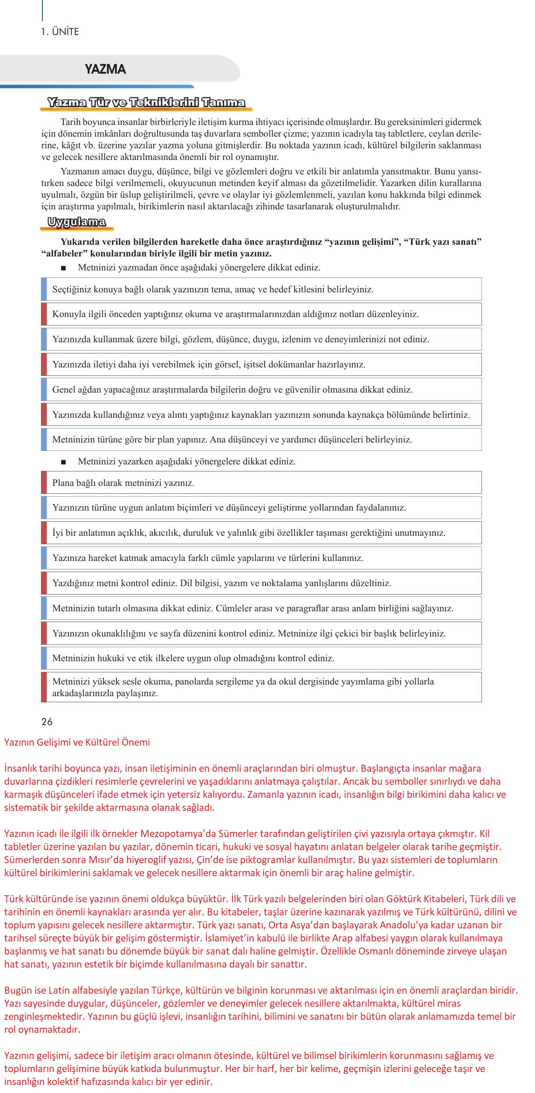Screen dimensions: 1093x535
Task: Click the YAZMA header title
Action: [105, 69]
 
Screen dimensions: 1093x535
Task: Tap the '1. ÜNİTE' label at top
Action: [60, 32]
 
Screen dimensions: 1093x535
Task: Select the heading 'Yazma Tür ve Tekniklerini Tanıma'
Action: [146, 103]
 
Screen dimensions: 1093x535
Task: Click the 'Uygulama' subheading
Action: [76, 222]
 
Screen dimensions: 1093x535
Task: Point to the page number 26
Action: [47, 722]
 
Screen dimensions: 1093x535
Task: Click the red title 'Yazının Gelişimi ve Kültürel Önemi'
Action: [77, 742]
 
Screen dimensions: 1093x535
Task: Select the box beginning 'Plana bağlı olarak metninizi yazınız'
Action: [261, 483]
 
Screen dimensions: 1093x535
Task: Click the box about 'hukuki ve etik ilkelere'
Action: [261, 658]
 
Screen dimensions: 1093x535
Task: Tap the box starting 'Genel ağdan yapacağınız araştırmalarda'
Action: [261, 389]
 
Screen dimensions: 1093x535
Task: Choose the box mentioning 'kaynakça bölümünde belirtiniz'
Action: [261, 415]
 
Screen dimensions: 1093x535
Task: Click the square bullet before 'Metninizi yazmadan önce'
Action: [63, 268]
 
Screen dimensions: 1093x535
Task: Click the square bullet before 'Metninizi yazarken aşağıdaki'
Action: [63, 462]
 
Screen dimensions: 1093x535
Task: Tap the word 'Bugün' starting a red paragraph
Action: [16, 990]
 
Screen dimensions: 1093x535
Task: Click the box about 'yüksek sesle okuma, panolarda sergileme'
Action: [261, 687]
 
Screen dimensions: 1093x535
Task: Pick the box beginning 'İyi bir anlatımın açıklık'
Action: [261, 533]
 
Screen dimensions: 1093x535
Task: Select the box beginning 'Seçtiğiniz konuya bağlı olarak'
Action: [261, 289]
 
